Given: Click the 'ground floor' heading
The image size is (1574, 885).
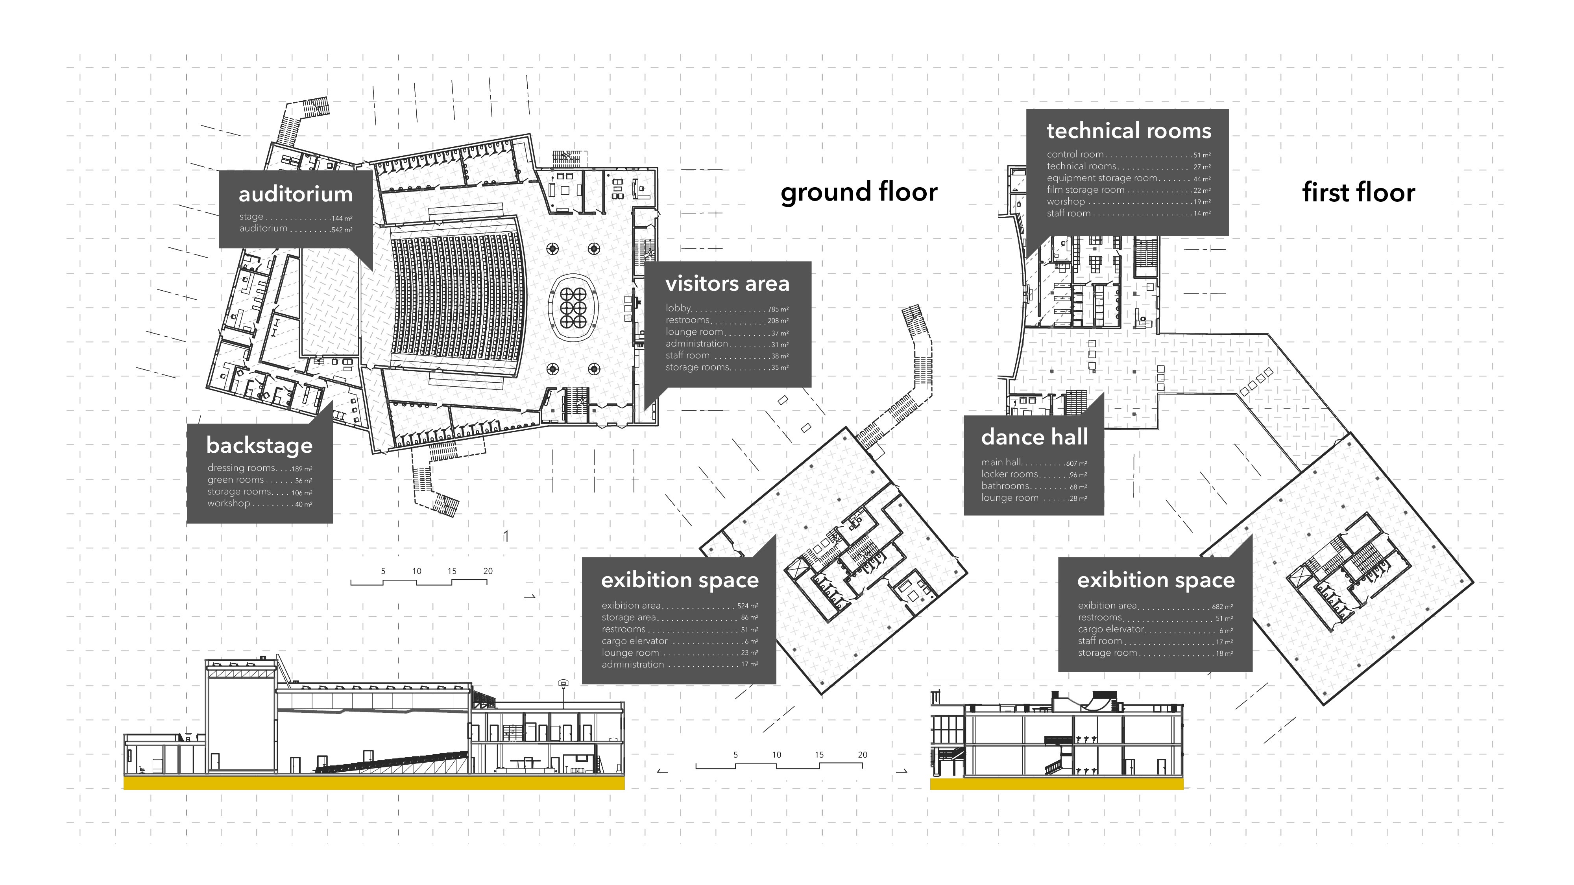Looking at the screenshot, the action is pyautogui.click(x=859, y=192).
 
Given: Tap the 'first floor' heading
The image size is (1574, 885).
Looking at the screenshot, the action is pyautogui.click(x=1358, y=192).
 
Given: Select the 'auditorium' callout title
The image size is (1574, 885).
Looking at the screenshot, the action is pyautogui.click(x=296, y=194).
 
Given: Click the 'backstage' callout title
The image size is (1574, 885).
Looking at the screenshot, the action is pyautogui.click(x=260, y=445).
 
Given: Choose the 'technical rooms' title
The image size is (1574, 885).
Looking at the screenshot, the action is pyautogui.click(x=1129, y=131).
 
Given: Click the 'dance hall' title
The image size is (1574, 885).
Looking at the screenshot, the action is pyautogui.click(x=1035, y=437).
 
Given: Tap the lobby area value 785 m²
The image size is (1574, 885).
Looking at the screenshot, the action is pyautogui.click(x=778, y=310).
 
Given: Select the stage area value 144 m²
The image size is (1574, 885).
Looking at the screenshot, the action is pyautogui.click(x=342, y=218).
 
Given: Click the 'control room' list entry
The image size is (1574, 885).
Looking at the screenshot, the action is pyautogui.click(x=1075, y=155).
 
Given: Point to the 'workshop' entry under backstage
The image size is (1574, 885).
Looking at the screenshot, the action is pyautogui.click(x=229, y=503).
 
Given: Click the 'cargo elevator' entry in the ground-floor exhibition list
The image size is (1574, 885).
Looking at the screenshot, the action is pyautogui.click(x=634, y=641).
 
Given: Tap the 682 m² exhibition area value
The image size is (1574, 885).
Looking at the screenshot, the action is pyautogui.click(x=1222, y=607).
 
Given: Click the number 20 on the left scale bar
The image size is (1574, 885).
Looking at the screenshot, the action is pyautogui.click(x=488, y=571).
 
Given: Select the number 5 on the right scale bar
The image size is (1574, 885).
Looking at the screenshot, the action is pyautogui.click(x=736, y=755).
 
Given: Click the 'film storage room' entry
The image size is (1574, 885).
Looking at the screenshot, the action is pyautogui.click(x=1086, y=190).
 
